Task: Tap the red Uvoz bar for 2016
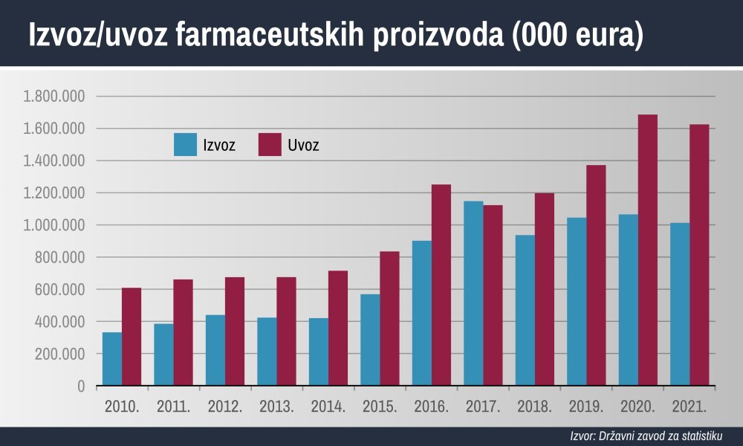441,285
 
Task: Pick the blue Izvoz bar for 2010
112,359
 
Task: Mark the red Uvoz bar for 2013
286,332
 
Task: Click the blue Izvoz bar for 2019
577,302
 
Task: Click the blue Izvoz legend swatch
185,145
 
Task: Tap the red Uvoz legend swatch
270,145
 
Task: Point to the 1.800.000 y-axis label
54,97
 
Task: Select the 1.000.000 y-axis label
54,225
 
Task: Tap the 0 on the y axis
80,386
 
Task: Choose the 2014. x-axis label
328,407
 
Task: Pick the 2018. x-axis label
534,407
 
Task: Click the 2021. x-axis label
689,407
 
